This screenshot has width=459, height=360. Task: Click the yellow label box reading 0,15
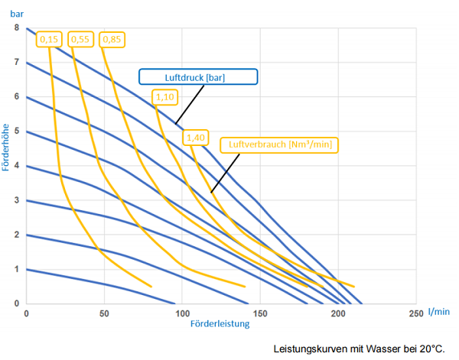pyautogui.click(x=49, y=38)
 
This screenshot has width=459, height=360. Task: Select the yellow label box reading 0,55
pyautogui.click(x=80, y=38)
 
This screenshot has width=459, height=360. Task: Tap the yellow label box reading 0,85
pyautogui.click(x=112, y=38)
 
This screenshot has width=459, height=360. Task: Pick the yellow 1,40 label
pyautogui.click(x=194, y=137)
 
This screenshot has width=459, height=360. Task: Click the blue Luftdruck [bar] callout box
pyautogui.click(x=198, y=76)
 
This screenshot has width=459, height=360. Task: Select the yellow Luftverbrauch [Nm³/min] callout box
pyautogui.click(x=280, y=144)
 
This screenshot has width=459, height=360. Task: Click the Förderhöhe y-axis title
pyautogui.click(x=7, y=147)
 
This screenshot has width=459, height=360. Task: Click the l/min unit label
pyautogui.click(x=438, y=312)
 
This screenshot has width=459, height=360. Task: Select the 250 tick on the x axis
pyautogui.click(x=415, y=313)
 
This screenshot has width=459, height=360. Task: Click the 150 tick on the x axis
pyautogui.click(x=259, y=313)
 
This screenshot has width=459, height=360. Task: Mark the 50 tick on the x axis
pyautogui.click(x=104, y=313)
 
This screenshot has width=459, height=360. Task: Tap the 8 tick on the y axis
pyautogui.click(x=17, y=28)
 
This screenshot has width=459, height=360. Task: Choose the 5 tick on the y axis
pyautogui.click(x=17, y=131)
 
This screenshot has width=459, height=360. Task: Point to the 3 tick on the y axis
pyautogui.click(x=17, y=200)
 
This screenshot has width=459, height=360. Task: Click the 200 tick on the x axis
pyautogui.click(x=337, y=313)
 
